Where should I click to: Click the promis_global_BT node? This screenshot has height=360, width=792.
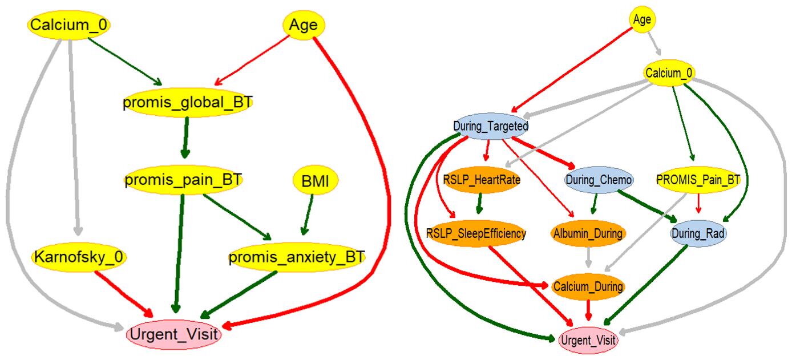187,102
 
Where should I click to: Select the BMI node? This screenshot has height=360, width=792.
316,181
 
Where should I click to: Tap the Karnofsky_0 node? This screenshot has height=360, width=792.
79,257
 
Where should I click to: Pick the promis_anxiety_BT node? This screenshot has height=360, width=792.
297,257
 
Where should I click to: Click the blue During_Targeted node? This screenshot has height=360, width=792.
491,126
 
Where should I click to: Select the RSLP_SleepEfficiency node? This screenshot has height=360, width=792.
476,233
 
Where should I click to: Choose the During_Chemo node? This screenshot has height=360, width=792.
599,180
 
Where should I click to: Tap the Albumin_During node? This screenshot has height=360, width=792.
588,233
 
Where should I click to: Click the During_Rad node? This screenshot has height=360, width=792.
698,233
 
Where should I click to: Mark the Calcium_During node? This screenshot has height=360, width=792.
588,286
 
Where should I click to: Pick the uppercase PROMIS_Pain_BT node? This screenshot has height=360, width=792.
698,180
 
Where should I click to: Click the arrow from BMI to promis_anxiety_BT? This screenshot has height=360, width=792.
309,214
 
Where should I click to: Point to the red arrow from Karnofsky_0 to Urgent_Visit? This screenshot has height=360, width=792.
123,294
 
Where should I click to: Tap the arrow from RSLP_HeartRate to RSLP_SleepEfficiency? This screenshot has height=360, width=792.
480,203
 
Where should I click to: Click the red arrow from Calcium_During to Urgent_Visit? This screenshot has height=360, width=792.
588,308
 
